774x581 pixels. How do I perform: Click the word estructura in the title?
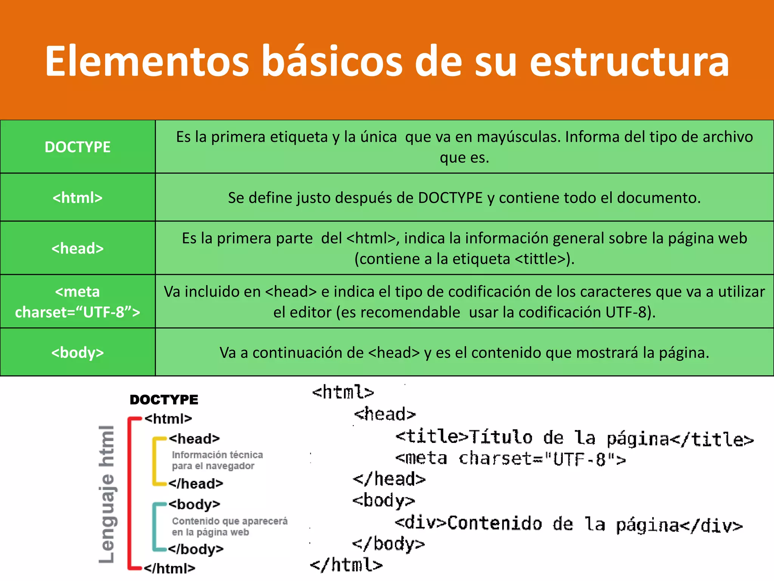[x=629, y=61]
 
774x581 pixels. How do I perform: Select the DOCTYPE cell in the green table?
[x=77, y=147]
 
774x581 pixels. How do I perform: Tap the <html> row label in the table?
[x=77, y=197]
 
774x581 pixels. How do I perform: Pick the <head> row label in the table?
[x=77, y=248]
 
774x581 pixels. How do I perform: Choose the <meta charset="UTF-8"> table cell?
[x=77, y=302]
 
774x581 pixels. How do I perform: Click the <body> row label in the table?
[x=77, y=353]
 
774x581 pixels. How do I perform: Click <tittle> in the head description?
[x=541, y=259]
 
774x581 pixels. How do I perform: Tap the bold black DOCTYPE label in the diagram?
[x=164, y=400]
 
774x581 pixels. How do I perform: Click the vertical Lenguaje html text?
[x=107, y=494]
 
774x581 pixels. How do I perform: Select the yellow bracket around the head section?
[x=155, y=461]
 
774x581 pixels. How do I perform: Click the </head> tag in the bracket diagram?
[x=196, y=483]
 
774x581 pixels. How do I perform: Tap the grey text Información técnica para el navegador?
[x=217, y=460]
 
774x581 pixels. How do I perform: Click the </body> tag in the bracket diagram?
[x=196, y=549]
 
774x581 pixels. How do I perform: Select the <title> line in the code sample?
[x=574, y=438]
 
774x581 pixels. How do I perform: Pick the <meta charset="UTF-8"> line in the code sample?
[x=510, y=459]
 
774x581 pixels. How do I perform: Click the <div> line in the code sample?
[x=569, y=524]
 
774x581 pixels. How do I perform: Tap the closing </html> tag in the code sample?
[x=346, y=565]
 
